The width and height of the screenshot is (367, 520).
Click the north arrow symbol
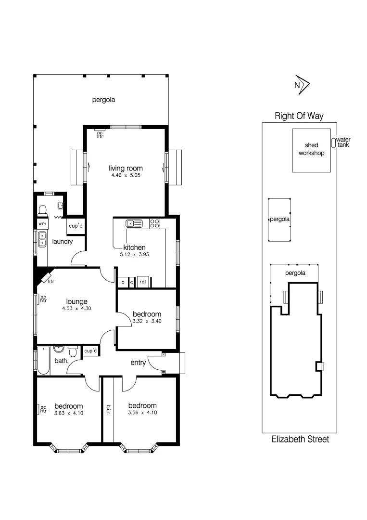coord(303,85)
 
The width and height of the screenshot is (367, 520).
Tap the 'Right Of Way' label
coord(299,116)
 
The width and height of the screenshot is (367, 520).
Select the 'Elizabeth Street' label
coord(300,439)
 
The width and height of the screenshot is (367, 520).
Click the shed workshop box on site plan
coord(312,150)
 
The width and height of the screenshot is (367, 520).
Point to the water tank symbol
coord(333,143)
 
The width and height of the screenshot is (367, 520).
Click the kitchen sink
coord(134,223)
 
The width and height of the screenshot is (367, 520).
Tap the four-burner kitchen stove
coord(155,223)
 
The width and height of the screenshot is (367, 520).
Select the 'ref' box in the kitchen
coord(143,282)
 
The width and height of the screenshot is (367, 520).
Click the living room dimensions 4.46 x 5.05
coord(126,176)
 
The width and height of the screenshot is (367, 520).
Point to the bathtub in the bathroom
coord(42,360)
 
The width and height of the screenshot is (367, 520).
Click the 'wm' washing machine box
coord(42,224)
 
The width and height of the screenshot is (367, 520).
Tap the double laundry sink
coord(42,240)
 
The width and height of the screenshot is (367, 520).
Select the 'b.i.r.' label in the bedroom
coord(108,409)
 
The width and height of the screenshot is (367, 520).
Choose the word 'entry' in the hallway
coord(138,363)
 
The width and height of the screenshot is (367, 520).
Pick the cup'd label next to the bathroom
coord(90,351)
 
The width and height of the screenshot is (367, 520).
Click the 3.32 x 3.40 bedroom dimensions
coord(147,321)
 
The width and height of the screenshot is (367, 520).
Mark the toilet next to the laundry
coord(42,209)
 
